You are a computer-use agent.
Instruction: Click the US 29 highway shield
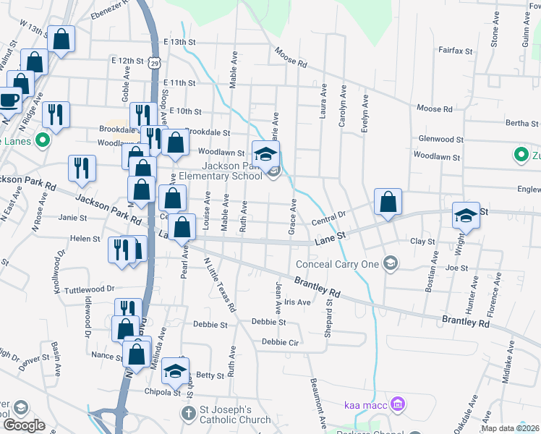pyautogui.click(x=155, y=63)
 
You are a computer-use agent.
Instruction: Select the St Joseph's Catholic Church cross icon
pyautogui.click(x=187, y=414)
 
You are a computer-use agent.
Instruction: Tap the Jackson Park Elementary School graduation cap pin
pyautogui.click(x=265, y=153)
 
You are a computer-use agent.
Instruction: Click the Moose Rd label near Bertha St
pyautogui.click(x=435, y=109)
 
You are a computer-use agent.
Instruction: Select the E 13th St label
pyautogui.click(x=181, y=42)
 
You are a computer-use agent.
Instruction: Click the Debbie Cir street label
pyautogui.click(x=281, y=341)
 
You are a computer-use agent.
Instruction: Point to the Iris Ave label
pyautogui.click(x=297, y=302)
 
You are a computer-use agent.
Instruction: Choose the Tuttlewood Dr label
pyautogui.click(x=90, y=289)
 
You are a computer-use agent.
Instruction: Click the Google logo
pyautogui.click(x=24, y=425)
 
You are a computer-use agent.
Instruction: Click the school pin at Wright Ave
pyautogui.click(x=466, y=215)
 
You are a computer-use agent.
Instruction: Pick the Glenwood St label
pyautogui.click(x=440, y=139)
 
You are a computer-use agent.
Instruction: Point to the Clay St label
pyautogui.click(x=422, y=242)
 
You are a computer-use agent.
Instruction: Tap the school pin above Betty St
pyautogui.click(x=175, y=371)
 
